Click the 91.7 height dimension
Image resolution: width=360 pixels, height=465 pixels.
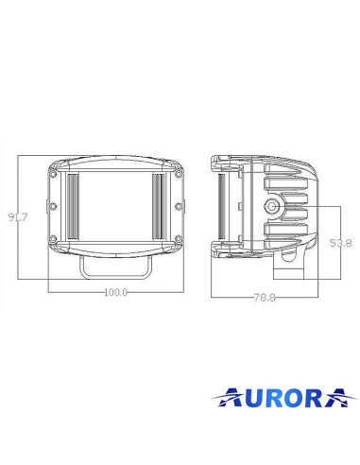click(x=17, y=217)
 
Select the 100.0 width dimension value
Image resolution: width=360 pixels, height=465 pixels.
click(x=115, y=291)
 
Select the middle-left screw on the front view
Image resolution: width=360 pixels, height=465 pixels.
click(x=55, y=206)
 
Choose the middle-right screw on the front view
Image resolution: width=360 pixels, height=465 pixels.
click(x=176, y=206)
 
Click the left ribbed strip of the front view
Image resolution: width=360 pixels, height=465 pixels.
click(x=73, y=206)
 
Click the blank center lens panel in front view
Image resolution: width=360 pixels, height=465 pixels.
click(x=115, y=206)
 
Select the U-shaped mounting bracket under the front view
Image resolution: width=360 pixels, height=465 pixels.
click(x=115, y=267)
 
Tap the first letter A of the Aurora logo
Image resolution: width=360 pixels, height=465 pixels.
click(x=224, y=394)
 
